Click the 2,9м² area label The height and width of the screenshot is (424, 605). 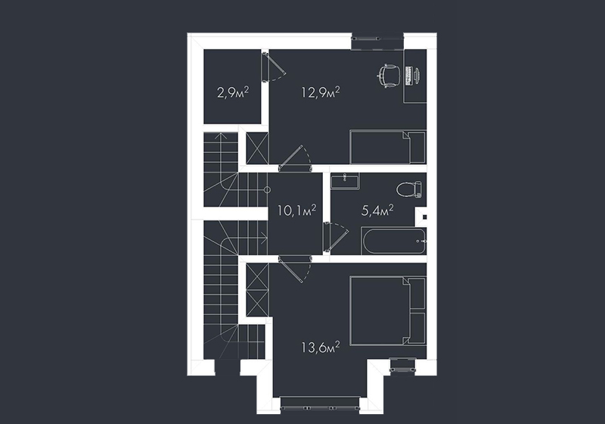coord(233,92)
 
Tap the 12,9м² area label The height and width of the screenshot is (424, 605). coord(320,92)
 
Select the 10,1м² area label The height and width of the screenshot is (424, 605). coord(296,210)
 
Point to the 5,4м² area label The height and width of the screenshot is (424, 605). coord(377,210)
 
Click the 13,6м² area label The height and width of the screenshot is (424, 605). coord(321,348)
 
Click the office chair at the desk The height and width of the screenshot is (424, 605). coord(388,76)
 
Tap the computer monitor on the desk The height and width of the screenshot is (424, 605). coord(417,76)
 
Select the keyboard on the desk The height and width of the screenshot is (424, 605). coord(408,76)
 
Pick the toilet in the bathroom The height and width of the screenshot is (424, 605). coord(409,189)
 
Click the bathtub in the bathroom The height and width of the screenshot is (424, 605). coord(394,242)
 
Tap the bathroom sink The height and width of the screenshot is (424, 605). coord(345,180)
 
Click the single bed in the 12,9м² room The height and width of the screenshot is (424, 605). coord(388,147)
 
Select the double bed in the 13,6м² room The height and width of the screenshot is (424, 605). coord(388,310)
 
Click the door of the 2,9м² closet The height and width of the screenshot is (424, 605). coord(273,67)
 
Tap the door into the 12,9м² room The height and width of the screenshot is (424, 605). coord(295,157)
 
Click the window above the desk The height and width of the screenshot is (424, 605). coord(377,38)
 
